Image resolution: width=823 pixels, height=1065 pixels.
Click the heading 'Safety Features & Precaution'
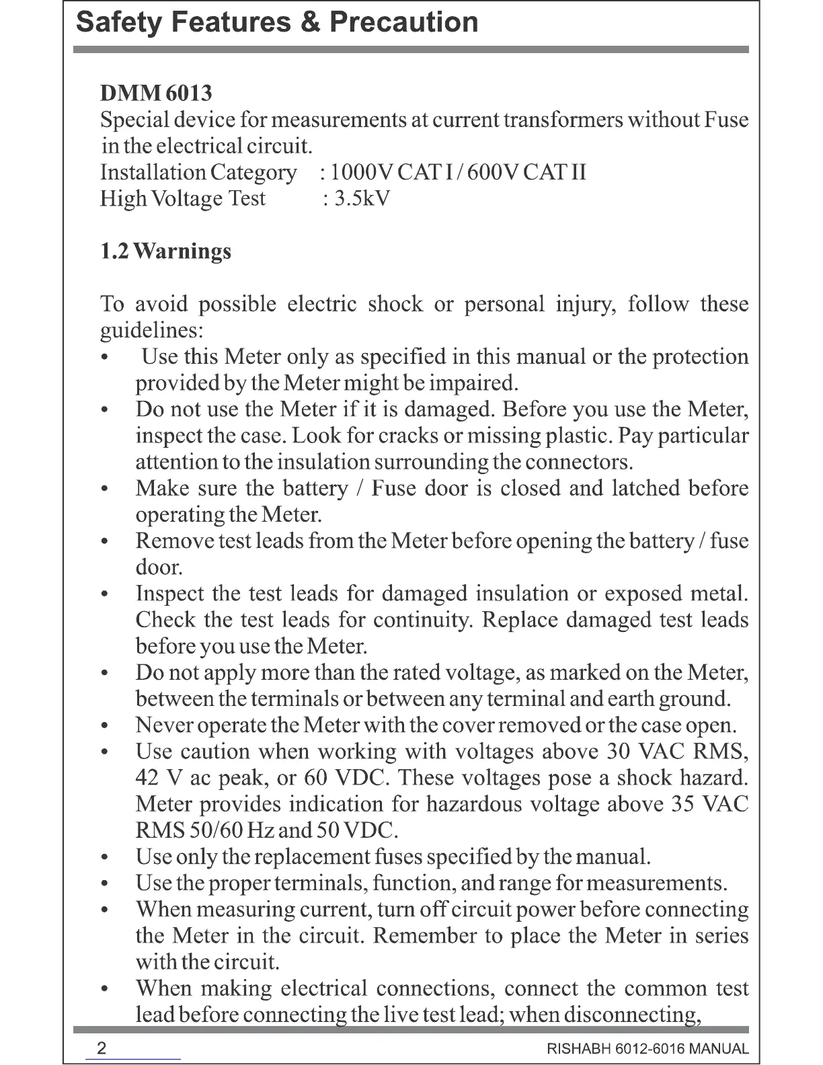tap(277, 22)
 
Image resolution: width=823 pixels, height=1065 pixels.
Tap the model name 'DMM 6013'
tap(156, 93)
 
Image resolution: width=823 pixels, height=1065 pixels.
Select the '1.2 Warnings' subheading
tap(165, 251)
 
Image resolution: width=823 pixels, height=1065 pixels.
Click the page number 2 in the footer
tap(102, 1048)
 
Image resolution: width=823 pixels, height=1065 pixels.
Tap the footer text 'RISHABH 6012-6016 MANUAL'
tap(648, 1049)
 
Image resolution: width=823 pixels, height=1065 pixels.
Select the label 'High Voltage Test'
tap(183, 199)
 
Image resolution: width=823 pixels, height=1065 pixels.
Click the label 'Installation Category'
tap(198, 173)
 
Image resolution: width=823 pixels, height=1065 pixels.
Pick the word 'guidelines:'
tap(151, 331)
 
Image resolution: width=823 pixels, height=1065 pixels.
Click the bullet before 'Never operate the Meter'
tap(104, 726)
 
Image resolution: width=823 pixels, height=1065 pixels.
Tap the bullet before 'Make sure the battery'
tap(104, 489)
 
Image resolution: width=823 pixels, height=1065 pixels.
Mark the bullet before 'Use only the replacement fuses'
tap(104, 858)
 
